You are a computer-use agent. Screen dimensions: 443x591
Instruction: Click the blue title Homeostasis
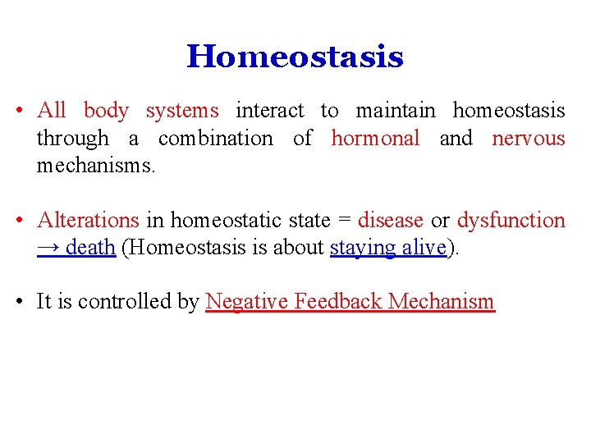(x=295, y=57)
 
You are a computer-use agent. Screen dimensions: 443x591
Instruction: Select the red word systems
(x=182, y=111)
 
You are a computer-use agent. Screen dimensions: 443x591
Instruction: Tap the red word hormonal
(x=375, y=139)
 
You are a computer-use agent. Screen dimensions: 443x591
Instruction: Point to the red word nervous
(x=529, y=139)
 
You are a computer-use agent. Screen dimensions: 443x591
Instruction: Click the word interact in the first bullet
(x=269, y=111)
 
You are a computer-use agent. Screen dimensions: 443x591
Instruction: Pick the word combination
(x=215, y=139)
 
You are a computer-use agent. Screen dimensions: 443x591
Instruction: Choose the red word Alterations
(x=89, y=221)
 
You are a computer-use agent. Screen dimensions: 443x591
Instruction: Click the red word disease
(x=391, y=221)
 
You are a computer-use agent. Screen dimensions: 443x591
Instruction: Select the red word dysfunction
(x=511, y=221)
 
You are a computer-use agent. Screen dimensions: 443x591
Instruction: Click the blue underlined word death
(x=90, y=248)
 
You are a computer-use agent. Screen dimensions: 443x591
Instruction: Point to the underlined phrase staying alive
(x=388, y=248)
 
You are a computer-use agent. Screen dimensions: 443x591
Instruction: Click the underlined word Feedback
(x=338, y=302)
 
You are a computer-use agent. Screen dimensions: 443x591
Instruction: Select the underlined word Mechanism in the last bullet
(x=442, y=302)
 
